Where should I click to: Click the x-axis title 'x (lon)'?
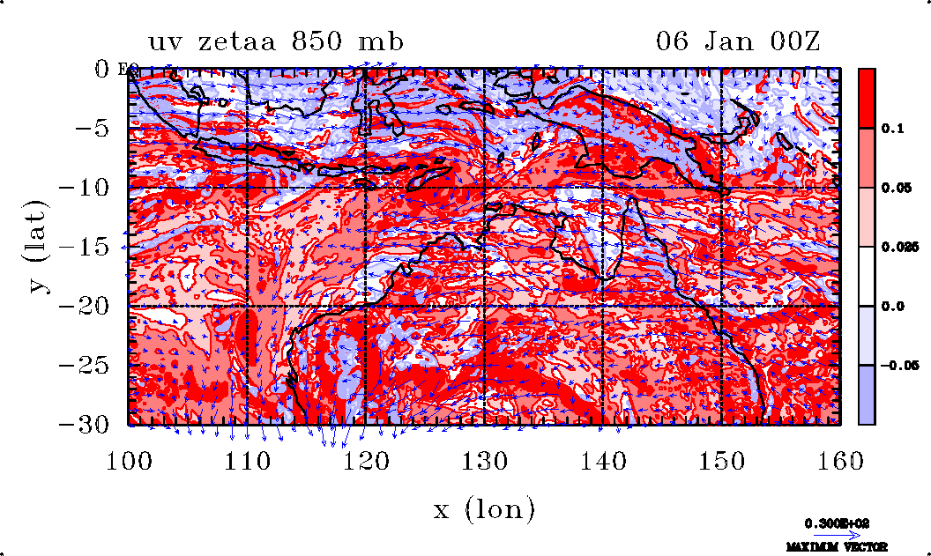[x=484, y=508]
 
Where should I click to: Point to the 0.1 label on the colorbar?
[x=893, y=129]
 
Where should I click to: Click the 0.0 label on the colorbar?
[x=893, y=307]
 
